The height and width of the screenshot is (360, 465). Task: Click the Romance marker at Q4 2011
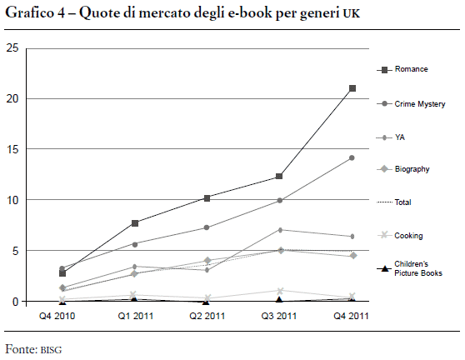(352, 88)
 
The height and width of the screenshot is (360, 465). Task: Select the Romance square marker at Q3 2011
(279, 176)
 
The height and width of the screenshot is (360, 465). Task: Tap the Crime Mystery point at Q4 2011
(352, 158)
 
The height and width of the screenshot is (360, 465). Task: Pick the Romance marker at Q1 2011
(135, 223)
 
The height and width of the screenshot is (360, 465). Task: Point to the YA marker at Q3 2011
(280, 230)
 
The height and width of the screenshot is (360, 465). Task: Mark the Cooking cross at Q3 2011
(280, 291)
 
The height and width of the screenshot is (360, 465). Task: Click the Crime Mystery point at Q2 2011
(207, 227)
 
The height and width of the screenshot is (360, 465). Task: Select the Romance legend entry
(402, 69)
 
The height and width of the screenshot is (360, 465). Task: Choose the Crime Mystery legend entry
(411, 104)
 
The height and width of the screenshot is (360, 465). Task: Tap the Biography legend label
(412, 169)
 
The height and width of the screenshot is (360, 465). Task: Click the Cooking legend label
(408, 236)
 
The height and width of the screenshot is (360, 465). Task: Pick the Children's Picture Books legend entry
(409, 268)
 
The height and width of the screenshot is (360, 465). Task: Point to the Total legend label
(402, 202)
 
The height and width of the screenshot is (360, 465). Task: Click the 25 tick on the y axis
(12, 47)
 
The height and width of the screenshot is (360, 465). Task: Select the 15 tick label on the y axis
(12, 149)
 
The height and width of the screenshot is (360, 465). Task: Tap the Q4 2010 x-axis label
(57, 316)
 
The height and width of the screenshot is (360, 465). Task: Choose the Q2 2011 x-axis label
(207, 316)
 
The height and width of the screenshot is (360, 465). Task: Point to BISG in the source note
(51, 350)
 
